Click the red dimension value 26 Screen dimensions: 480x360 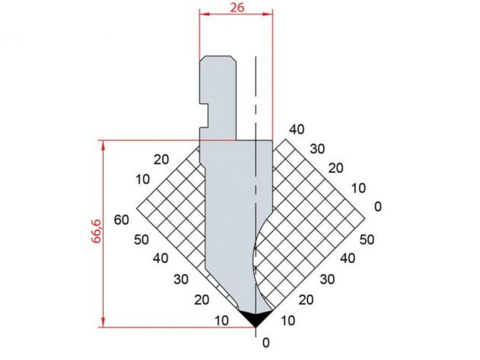coord(237,8)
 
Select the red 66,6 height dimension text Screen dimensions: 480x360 coord(96,231)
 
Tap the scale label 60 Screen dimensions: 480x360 coord(121,220)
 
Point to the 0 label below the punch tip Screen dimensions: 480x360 coord(266,343)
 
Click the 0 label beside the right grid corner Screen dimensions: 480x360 coord(378,206)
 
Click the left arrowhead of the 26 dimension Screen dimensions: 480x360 coord(205,14)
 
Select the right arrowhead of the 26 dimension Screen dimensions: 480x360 coord(268,14)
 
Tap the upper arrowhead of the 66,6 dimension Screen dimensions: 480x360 coord(104,145)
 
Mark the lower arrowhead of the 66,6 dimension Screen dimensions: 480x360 coord(104,322)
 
